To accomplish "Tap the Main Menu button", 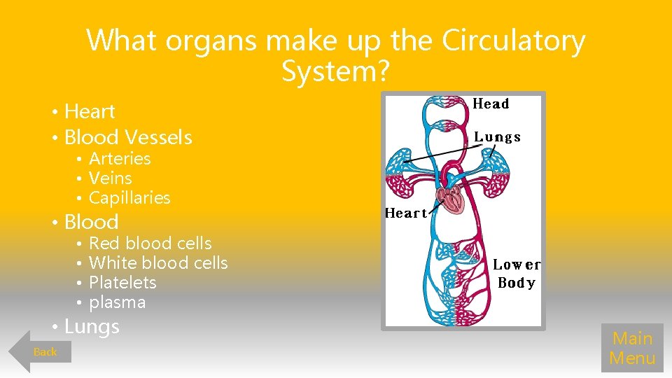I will tap(632, 348).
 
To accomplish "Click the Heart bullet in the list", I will tap(90, 111).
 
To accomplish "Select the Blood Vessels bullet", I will tap(127, 137).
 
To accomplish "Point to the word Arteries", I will tap(120, 159).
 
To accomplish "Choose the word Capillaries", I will tap(129, 198).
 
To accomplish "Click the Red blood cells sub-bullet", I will tap(150, 244).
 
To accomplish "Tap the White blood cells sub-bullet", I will tap(158, 263).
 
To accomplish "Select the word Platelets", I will tap(122, 283).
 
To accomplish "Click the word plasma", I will tap(117, 302).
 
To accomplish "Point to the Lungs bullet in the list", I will tap(92, 326).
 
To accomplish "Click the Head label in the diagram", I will tap(491, 104).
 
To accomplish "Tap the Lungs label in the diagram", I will tap(497, 137).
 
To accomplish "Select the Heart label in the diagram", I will tap(406, 213).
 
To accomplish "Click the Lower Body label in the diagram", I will tap(517, 274).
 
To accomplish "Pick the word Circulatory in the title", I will tap(513, 41).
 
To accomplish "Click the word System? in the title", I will tap(336, 70).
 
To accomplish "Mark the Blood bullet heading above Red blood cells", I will tap(91, 222).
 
